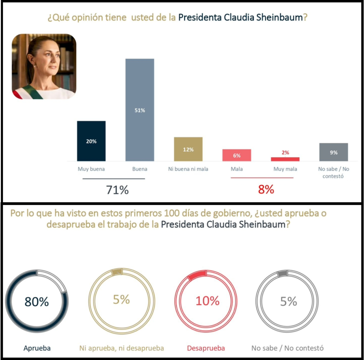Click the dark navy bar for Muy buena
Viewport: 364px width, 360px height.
(x=91, y=141)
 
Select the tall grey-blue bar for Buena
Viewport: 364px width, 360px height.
(x=139, y=110)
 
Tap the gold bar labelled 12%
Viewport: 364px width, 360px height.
(x=188, y=149)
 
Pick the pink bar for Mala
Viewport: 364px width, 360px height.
(x=237, y=155)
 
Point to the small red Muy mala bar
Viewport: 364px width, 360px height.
(x=285, y=159)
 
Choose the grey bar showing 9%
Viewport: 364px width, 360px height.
(x=334, y=152)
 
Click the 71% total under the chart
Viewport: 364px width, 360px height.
(x=117, y=190)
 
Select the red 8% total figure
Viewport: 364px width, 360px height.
(x=266, y=190)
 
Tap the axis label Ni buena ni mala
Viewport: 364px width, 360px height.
(x=188, y=169)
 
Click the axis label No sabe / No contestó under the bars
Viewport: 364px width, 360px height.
(x=334, y=173)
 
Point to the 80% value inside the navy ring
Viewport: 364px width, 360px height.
(x=36, y=301)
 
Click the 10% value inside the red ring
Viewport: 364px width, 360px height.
(x=208, y=301)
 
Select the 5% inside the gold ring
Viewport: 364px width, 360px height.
(x=121, y=300)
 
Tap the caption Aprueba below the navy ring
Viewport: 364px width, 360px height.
(x=37, y=348)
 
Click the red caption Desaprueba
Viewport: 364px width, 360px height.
(x=206, y=348)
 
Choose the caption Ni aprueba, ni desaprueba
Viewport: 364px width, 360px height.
(x=121, y=348)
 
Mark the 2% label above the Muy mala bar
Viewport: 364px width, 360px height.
(x=285, y=153)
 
